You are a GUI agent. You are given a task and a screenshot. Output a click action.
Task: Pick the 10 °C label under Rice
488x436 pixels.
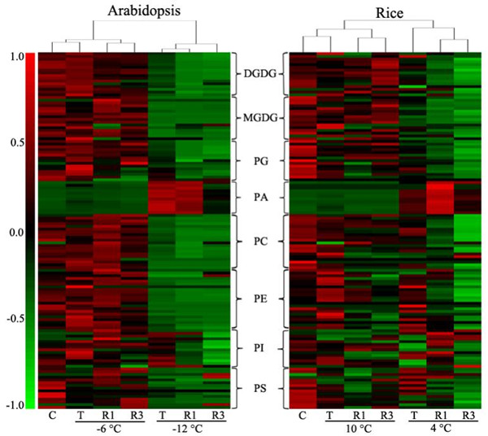[x=358, y=429]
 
